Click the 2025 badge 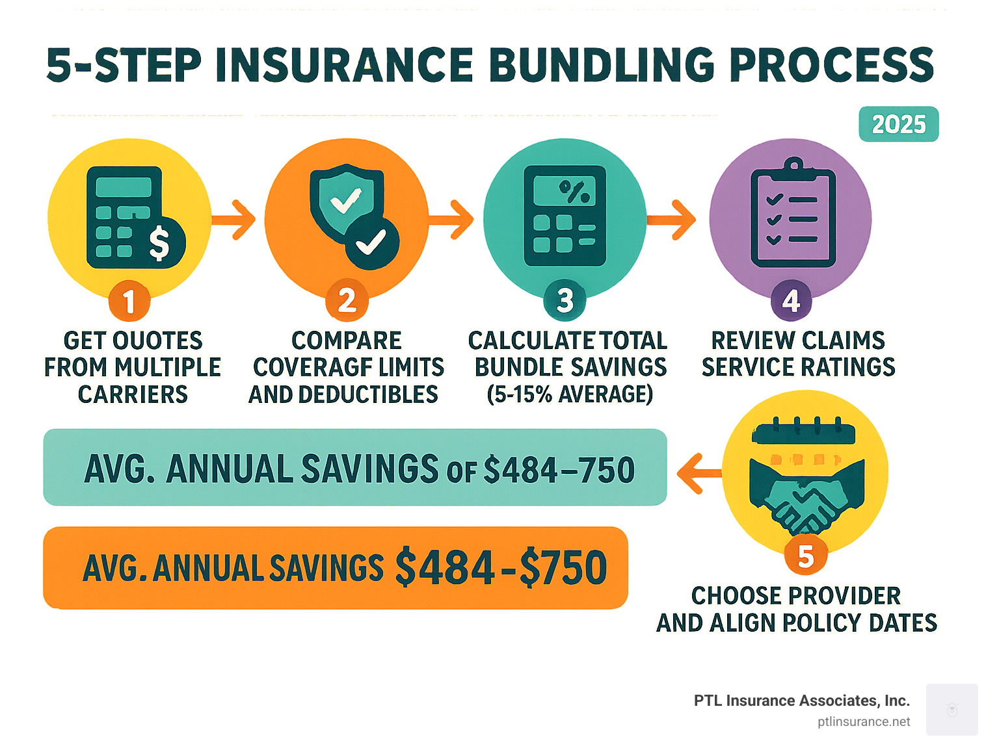tap(898, 124)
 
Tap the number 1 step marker tap(129, 301)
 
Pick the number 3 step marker tap(565, 301)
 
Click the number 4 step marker tap(791, 301)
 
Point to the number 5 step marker tap(806, 556)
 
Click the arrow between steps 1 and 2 tap(233, 220)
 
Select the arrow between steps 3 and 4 tap(671, 220)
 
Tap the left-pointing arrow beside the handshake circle tap(699, 474)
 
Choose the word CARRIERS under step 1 tap(133, 394)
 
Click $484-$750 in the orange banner tap(501, 567)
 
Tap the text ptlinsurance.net tap(863, 722)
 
